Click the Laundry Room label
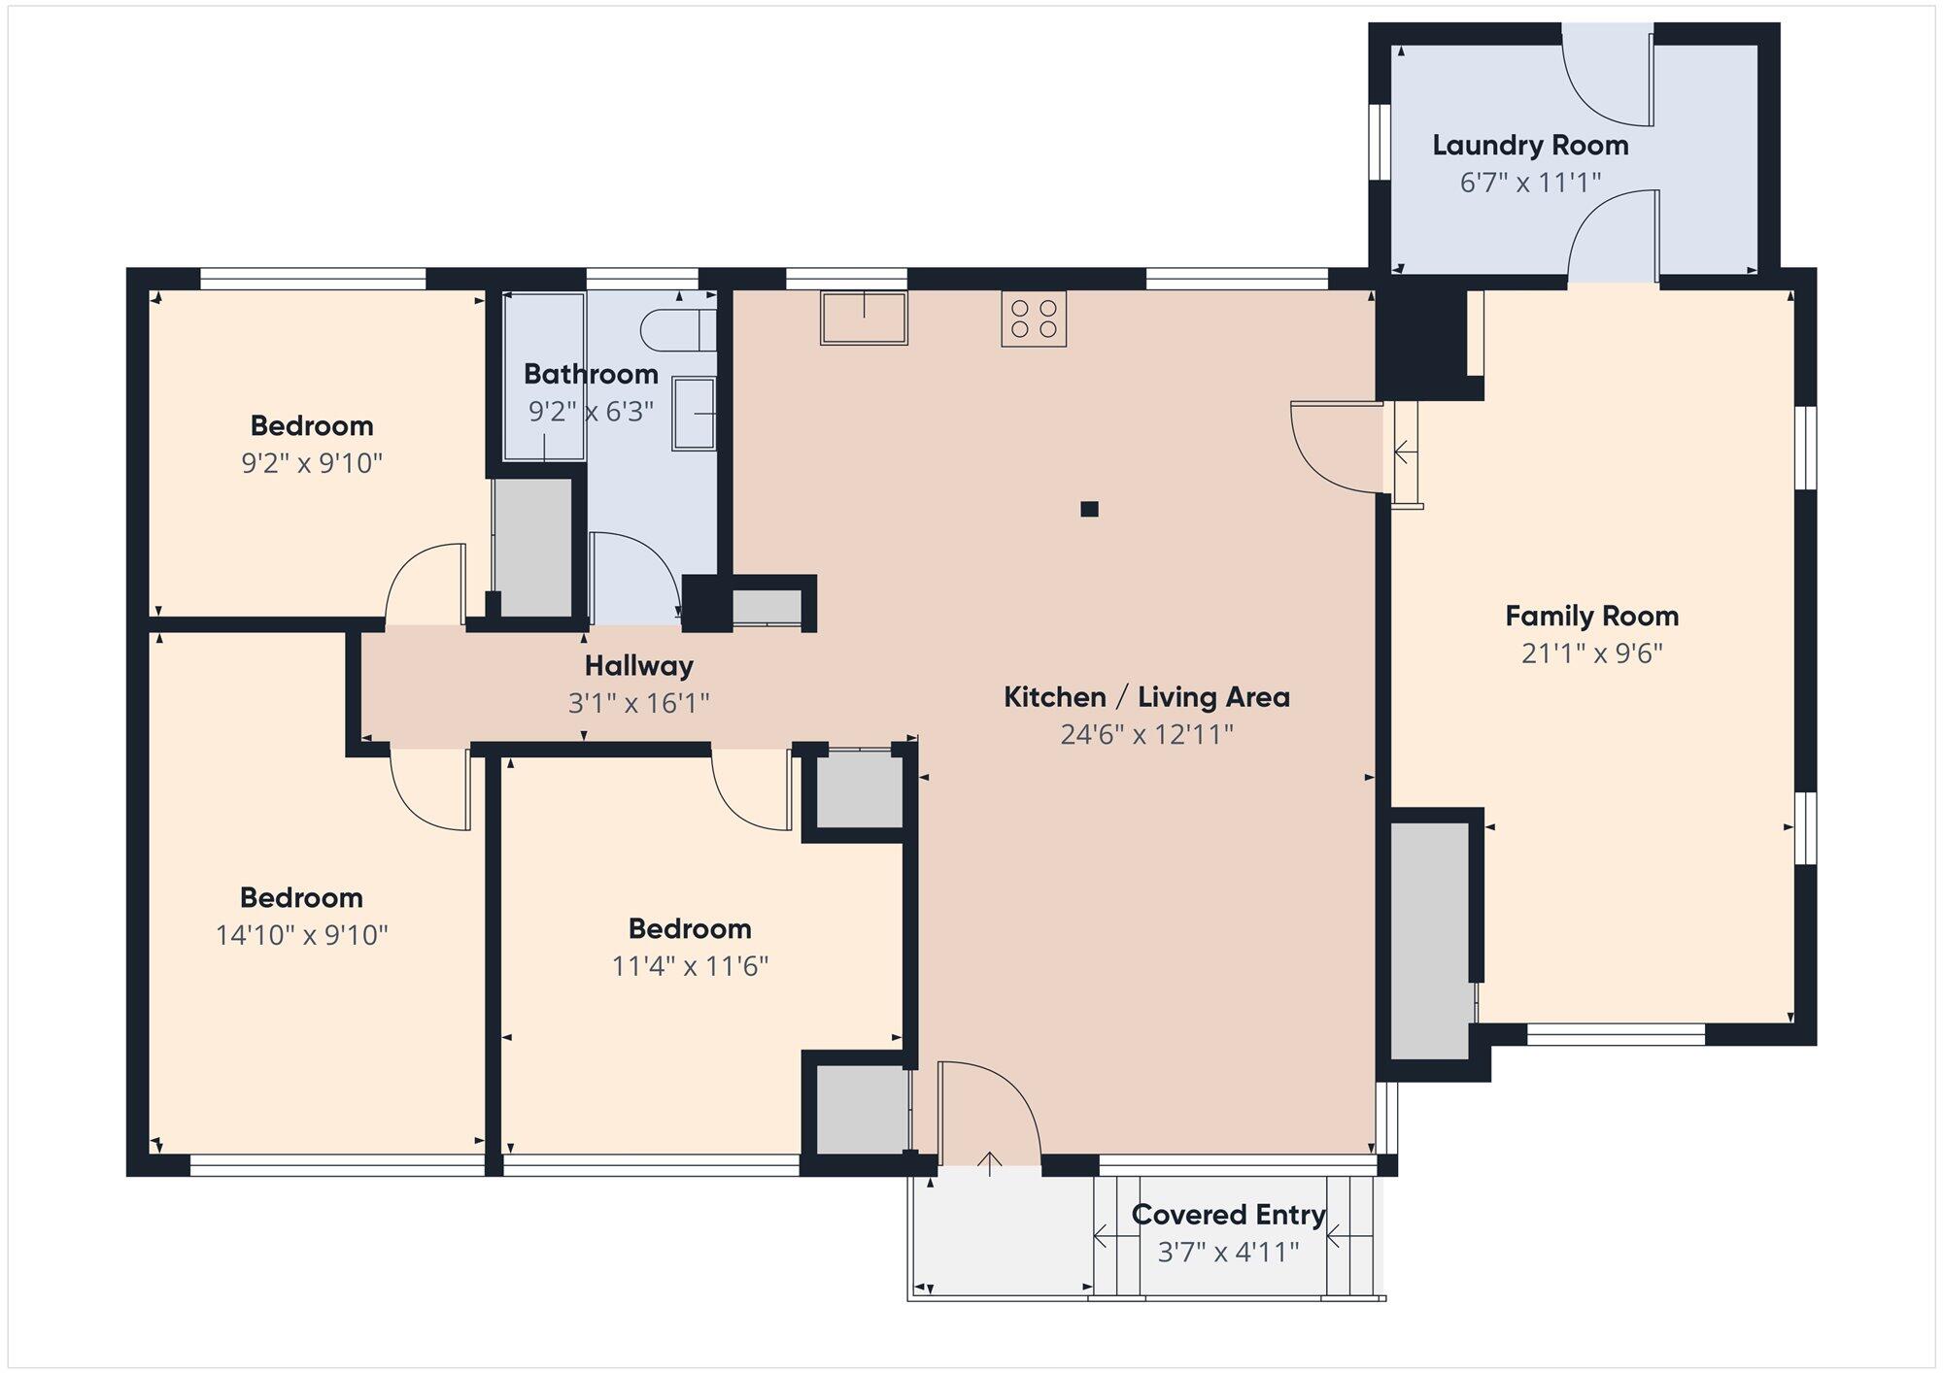click(x=1530, y=146)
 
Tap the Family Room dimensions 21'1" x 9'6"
click(x=1592, y=653)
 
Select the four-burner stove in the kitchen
click(x=1034, y=318)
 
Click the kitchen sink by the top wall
click(x=864, y=318)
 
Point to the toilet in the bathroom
click(x=678, y=330)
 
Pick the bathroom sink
click(x=694, y=414)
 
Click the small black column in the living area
click(x=1089, y=509)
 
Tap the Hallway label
click(x=639, y=666)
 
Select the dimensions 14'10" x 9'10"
click(x=302, y=935)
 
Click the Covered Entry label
click(x=1228, y=1215)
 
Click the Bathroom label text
click(x=591, y=374)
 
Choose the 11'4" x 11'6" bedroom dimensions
click(x=691, y=966)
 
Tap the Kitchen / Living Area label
click(x=1146, y=697)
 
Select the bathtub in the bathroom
click(x=544, y=376)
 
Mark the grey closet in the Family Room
click(x=1430, y=941)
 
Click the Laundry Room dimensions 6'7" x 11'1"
click(x=1530, y=183)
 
